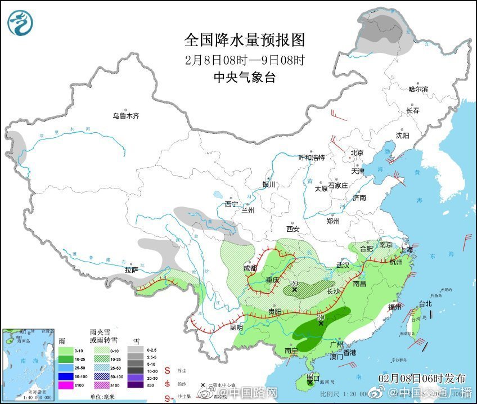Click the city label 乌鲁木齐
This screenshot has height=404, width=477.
coord(125,116)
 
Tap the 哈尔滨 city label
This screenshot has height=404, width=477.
coord(418,89)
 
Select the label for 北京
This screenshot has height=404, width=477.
coord(357,153)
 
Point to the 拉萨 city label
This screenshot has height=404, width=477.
coord(131,270)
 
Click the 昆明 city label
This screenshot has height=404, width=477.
coord(236,327)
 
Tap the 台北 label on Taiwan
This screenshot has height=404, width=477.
coord(425,304)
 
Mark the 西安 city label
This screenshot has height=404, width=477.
coord(293,229)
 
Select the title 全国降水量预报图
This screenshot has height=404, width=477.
coord(245,40)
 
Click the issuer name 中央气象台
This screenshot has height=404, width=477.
coord(245,78)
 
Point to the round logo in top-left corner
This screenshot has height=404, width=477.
coord(20,23)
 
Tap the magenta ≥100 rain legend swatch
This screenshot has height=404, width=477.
coord(67,385)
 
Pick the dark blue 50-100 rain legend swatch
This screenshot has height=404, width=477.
coord(67,376)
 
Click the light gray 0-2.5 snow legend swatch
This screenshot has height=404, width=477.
coord(136,349)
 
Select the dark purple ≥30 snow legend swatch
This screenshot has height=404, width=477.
coord(136,385)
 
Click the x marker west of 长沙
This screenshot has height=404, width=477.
coord(295,290)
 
